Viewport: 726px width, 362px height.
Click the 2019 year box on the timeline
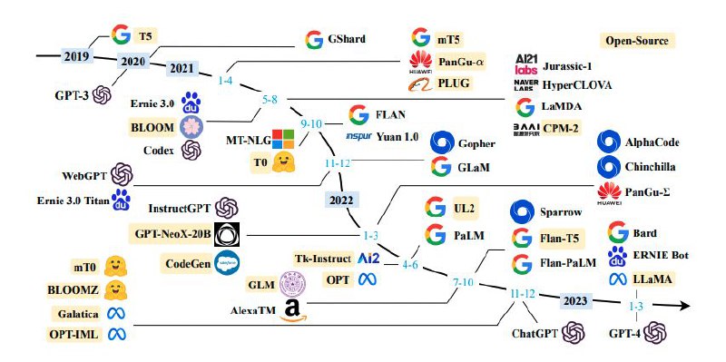coord(76,56)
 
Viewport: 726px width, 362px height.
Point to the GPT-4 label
coord(630,334)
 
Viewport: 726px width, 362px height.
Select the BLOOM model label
coord(153,127)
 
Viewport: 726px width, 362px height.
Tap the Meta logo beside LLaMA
coord(618,279)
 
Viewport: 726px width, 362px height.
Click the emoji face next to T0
coord(286,163)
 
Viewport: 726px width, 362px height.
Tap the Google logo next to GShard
coord(314,40)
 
